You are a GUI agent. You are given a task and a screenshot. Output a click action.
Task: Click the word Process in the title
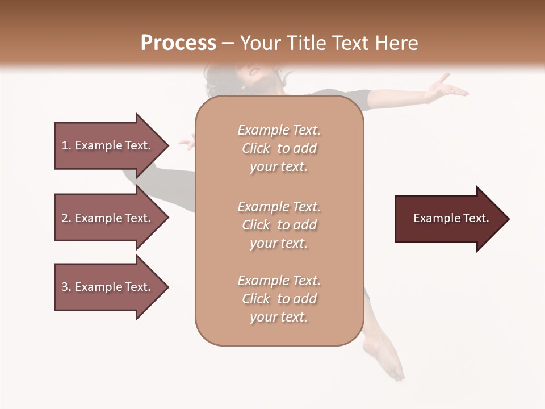click(x=178, y=43)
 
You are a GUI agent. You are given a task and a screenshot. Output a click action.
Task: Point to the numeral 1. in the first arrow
click(x=66, y=145)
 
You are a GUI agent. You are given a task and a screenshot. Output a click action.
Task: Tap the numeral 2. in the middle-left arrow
click(x=66, y=218)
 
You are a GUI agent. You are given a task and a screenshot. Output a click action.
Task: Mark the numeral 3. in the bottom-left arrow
click(x=66, y=287)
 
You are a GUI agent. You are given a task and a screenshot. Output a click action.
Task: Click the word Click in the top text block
click(x=256, y=148)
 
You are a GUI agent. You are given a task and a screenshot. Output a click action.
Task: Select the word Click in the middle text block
click(x=256, y=225)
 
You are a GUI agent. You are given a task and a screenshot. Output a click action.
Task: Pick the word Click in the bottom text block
click(x=256, y=299)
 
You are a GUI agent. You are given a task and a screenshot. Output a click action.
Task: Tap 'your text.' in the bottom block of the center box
click(x=279, y=317)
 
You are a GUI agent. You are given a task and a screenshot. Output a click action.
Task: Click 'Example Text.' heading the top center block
click(x=279, y=130)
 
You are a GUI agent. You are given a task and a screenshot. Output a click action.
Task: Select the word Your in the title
click(x=259, y=43)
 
